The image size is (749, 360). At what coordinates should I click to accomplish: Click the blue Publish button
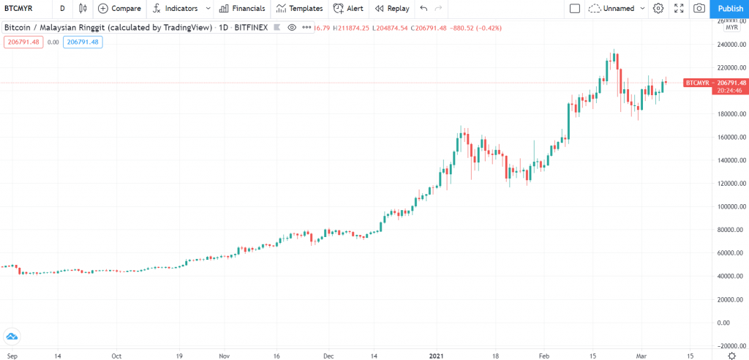pos(730,9)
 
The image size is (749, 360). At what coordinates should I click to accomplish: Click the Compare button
pos(119,9)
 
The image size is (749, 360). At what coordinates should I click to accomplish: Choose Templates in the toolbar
pos(299,9)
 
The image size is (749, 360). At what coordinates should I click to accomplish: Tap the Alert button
pos(347,9)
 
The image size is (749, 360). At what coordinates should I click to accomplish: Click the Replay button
pos(391,9)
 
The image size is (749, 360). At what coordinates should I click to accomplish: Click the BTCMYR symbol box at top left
pos(20,9)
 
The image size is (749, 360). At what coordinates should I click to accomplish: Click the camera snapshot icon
pos(699,9)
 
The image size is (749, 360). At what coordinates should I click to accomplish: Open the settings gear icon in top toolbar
pos(658,9)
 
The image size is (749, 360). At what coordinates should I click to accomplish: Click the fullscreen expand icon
pos(679,9)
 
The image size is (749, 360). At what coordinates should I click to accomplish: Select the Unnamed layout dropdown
pos(617,9)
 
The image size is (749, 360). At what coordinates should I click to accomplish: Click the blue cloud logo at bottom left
pos(12,337)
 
